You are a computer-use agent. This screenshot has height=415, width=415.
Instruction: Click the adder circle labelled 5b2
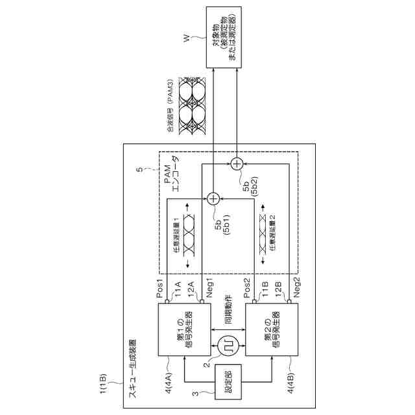238,162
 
